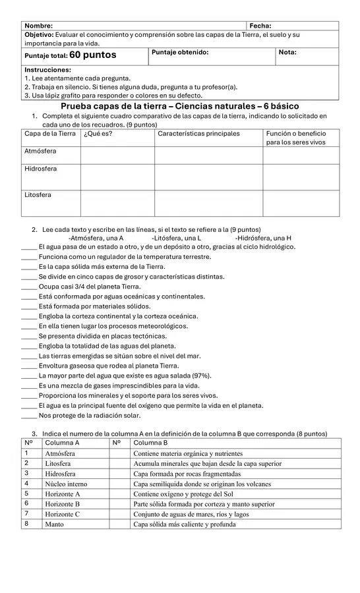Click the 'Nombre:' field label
pos(39,25)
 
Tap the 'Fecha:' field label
pos(260,25)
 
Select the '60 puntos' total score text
pos(92,55)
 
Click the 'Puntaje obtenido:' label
pos(180,52)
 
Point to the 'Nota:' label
pos(287,52)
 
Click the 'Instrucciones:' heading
pos(47,69)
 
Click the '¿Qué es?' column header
pos(98,134)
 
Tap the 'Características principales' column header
pos(198,134)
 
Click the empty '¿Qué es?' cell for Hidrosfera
pos(117,177)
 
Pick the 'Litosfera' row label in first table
pos(38,195)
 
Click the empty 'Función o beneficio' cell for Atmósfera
pos(301,155)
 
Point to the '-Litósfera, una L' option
pos(176,238)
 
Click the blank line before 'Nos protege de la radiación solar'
pos(29,416)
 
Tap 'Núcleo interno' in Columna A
pos(66,484)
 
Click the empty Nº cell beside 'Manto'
pos(119,524)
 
